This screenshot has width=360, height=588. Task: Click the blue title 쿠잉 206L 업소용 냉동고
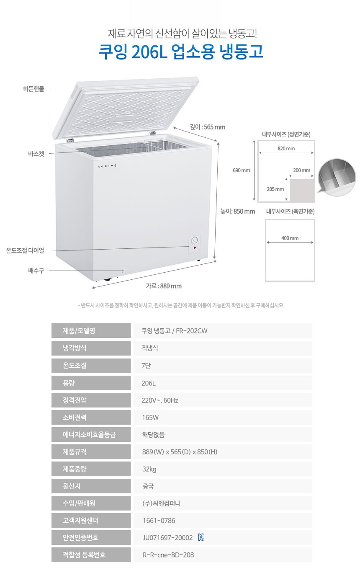tap(180, 52)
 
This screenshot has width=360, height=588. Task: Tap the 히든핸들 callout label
tap(33, 89)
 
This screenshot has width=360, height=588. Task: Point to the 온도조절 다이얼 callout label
tap(25, 250)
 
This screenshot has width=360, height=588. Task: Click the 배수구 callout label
tap(36, 271)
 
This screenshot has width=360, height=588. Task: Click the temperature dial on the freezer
tap(195, 241)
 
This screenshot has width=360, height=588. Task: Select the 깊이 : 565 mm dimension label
tap(207, 127)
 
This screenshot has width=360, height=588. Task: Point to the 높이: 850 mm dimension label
tap(238, 211)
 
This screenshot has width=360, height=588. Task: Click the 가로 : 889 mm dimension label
tap(164, 286)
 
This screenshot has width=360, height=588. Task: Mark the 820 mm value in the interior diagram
tap(286, 149)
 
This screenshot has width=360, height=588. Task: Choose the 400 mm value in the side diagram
tap(290, 238)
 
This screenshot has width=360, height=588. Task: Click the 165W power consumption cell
tap(150, 418)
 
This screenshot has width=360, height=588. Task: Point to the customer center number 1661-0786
tap(159, 521)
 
